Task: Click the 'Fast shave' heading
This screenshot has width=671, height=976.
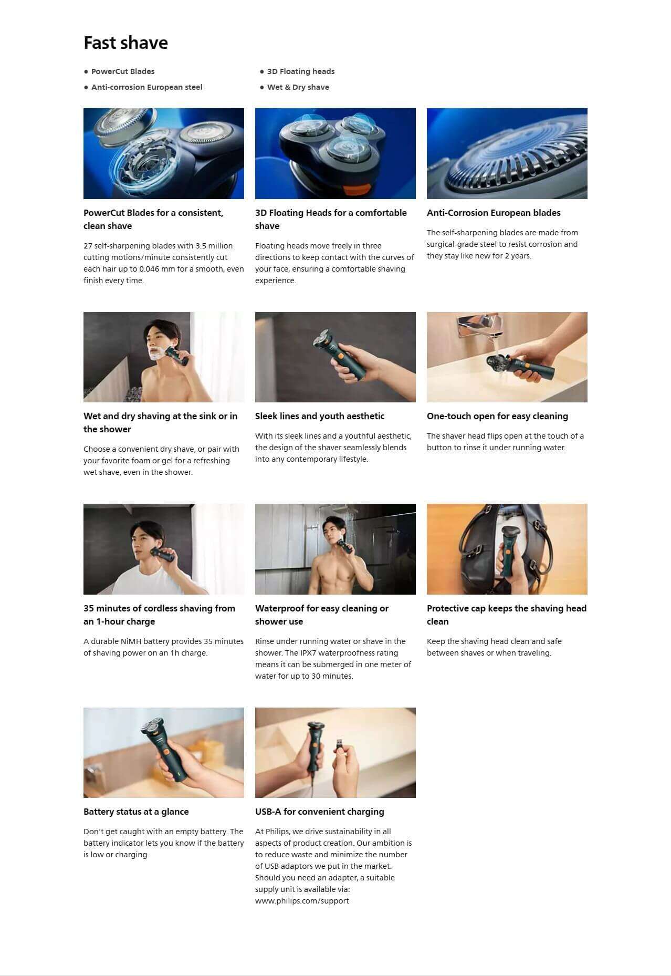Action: coord(125,43)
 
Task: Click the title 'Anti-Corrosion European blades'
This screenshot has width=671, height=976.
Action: coord(494,213)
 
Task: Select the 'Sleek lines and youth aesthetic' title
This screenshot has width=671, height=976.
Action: coord(320,416)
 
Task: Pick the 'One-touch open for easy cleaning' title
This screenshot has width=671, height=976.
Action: coord(497,416)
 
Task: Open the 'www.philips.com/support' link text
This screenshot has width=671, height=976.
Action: coord(302,901)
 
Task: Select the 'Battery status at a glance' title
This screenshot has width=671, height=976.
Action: coord(136,812)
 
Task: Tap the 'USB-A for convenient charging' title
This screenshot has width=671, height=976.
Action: coord(320,812)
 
